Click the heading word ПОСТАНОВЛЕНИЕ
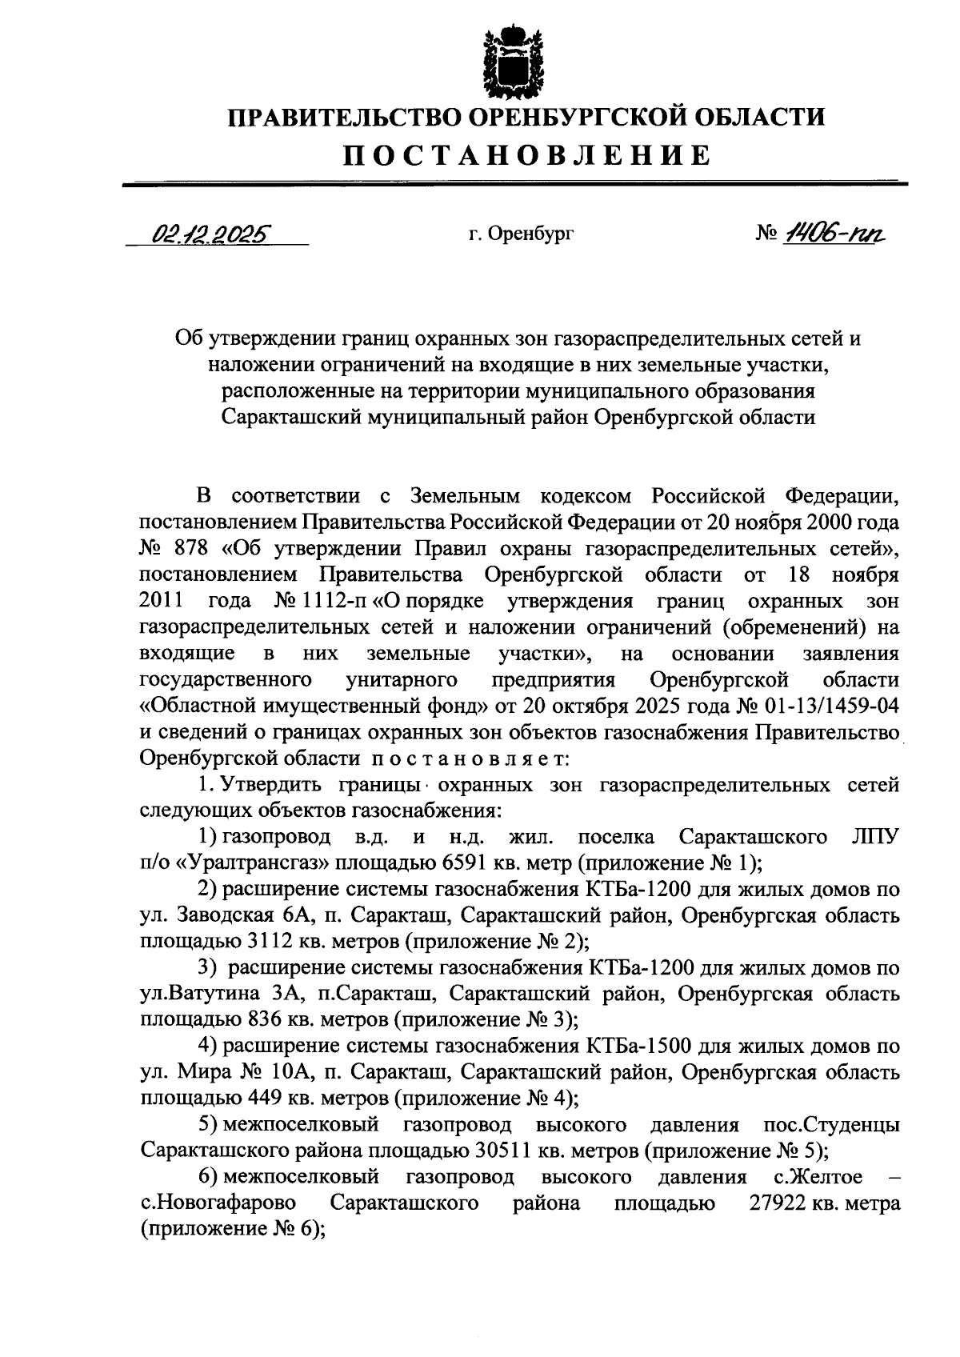pyautogui.click(x=526, y=154)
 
